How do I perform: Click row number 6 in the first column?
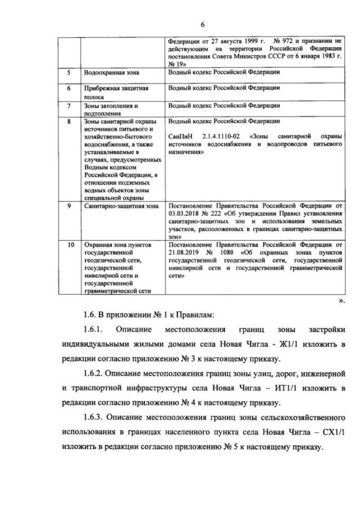tap(68, 89)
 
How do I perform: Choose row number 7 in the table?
tap(68, 105)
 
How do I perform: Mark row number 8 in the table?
tap(68, 121)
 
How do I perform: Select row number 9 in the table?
tap(68, 206)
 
